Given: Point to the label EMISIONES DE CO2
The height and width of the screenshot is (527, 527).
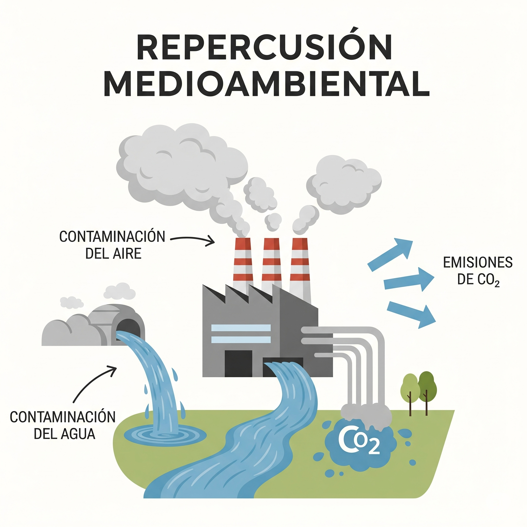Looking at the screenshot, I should (478, 271).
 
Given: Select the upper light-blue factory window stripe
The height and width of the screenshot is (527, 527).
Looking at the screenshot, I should (241, 328).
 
